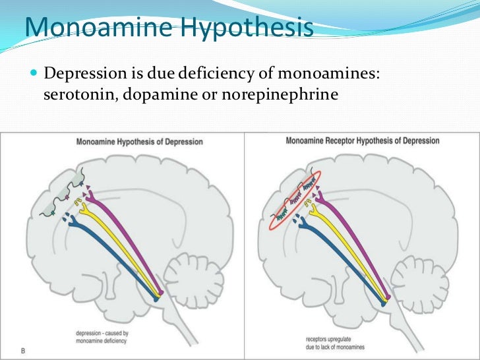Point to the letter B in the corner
click(x=22, y=350)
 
